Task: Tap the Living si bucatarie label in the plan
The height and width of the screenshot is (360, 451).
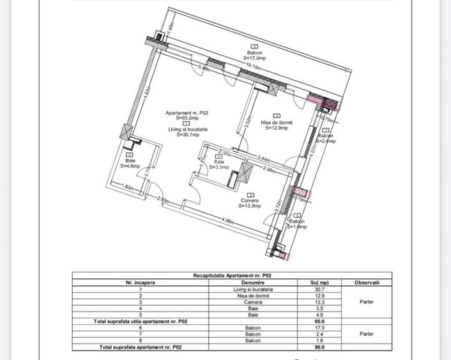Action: pyautogui.click(x=188, y=132)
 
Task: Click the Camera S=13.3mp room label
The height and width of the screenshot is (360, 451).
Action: pyautogui.click(x=250, y=203)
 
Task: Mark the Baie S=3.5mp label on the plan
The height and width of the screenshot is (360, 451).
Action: pyautogui.click(x=219, y=164)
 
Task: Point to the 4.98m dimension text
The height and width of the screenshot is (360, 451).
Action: pyautogui.click(x=231, y=222)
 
